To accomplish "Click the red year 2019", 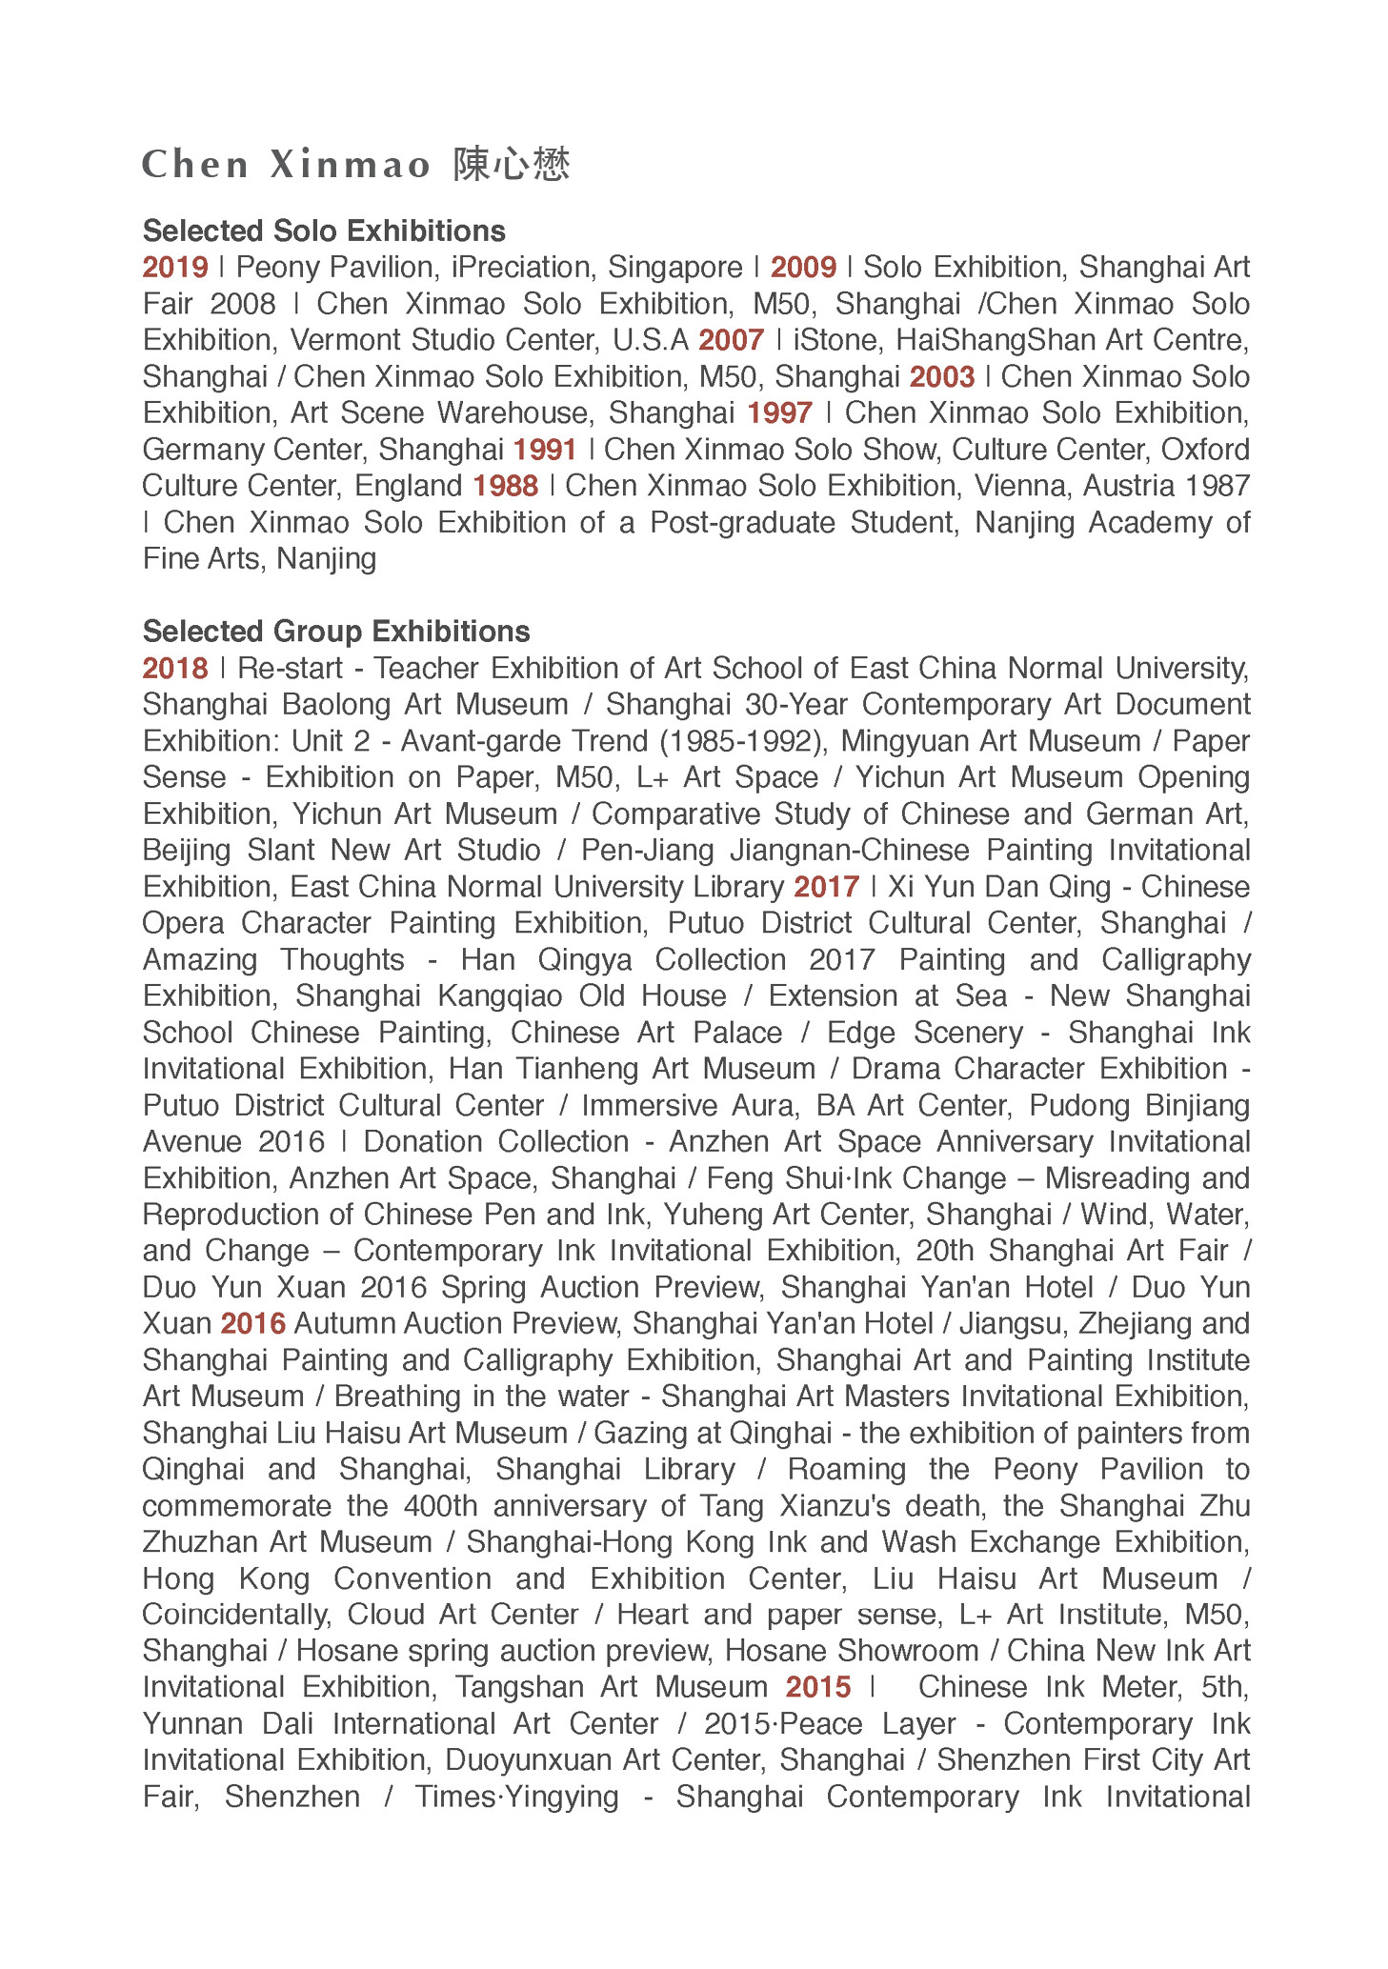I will [175, 268].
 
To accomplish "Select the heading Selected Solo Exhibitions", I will [324, 231].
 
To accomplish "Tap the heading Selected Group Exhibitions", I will [335, 632].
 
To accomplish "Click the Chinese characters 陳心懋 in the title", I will [512, 165].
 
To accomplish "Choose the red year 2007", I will [731, 340].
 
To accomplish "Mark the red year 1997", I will [779, 413].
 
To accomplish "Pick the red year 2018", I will [175, 669].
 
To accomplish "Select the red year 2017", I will [827, 887].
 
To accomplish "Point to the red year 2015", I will [818, 1688].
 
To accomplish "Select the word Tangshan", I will [519, 1688].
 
